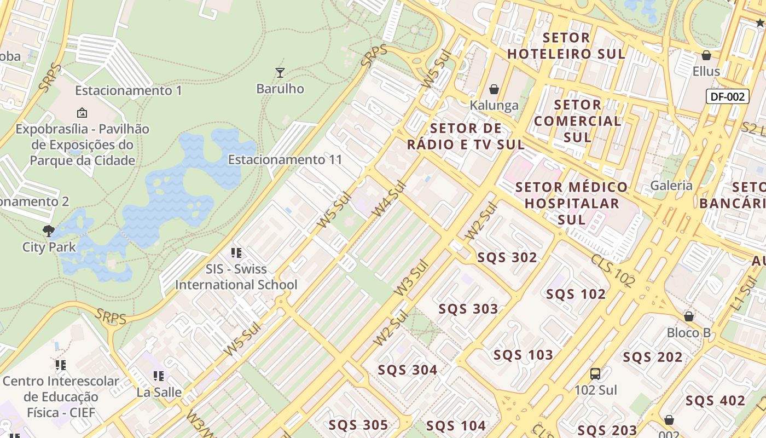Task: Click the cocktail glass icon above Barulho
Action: pyautogui.click(x=280, y=72)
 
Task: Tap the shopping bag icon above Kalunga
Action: pyautogui.click(x=494, y=89)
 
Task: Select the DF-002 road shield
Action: pyautogui.click(x=727, y=97)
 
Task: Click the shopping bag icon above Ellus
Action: pyautogui.click(x=706, y=55)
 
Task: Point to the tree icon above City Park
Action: pyautogui.click(x=49, y=231)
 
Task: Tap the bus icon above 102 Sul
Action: pyautogui.click(x=595, y=374)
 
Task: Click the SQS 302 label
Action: pyautogui.click(x=507, y=257)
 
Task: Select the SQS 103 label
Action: pyautogui.click(x=523, y=355)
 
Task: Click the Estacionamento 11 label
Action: pyautogui.click(x=285, y=160)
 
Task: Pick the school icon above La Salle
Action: pyautogui.click(x=159, y=376)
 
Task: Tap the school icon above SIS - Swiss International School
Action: pyautogui.click(x=236, y=253)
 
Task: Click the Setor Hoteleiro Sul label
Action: pyautogui.click(x=566, y=46)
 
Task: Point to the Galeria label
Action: pyautogui.click(x=671, y=186)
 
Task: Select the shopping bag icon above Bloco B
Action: pyautogui.click(x=689, y=316)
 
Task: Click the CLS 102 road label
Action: pyautogui.click(x=613, y=270)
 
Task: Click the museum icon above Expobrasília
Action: pyautogui.click(x=82, y=113)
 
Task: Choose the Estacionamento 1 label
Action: pyautogui.click(x=129, y=90)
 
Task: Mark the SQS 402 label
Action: pyautogui.click(x=715, y=401)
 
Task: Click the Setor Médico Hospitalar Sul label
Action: pyautogui.click(x=572, y=203)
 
